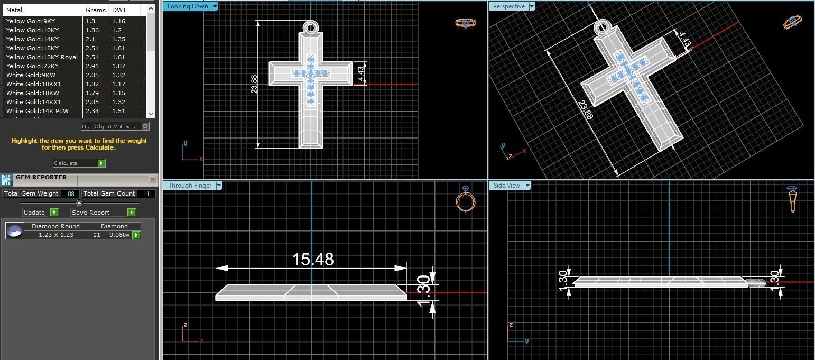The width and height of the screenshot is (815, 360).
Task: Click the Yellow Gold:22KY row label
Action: coord(32,66)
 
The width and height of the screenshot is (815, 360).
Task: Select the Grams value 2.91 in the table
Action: coord(90,66)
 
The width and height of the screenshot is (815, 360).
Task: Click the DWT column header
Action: coord(119,10)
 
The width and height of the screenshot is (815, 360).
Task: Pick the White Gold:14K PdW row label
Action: coord(37,111)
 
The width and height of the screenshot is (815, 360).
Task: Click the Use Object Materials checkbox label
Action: coord(109,126)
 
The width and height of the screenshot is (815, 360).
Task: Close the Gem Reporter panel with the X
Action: coord(152,179)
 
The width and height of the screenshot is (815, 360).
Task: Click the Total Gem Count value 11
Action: coord(146,193)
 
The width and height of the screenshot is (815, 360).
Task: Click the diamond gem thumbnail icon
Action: coord(14,231)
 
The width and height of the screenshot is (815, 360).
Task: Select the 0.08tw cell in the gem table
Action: coord(118,235)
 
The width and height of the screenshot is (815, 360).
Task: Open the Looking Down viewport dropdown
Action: coord(214,6)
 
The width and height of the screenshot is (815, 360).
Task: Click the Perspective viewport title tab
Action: coord(508,6)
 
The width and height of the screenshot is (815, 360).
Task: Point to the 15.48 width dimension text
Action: coord(313,259)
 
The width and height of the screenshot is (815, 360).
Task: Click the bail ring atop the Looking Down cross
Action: coord(310,27)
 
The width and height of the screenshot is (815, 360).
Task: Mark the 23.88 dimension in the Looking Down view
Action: coord(254,84)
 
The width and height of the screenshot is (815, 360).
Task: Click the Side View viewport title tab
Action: coord(506,186)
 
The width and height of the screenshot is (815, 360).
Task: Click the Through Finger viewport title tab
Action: coord(190,186)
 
